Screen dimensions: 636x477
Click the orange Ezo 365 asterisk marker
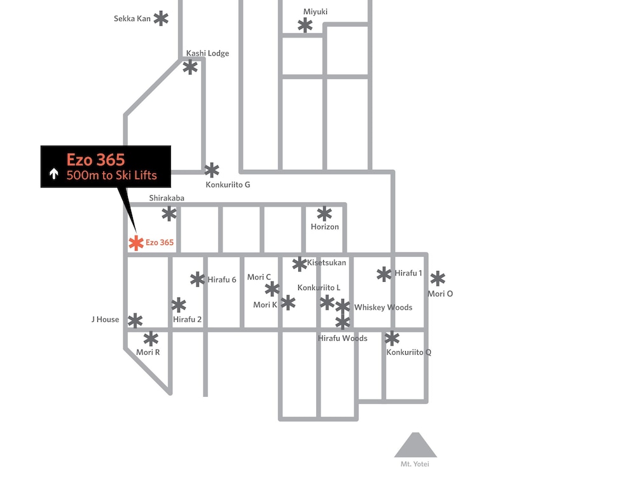pyautogui.click(x=136, y=243)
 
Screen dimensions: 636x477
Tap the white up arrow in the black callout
pyautogui.click(x=53, y=174)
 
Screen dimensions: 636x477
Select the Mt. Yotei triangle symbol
pyautogui.click(x=415, y=445)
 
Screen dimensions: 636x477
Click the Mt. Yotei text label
pyautogui.click(x=415, y=464)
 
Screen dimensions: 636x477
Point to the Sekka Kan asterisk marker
pyautogui.click(x=161, y=18)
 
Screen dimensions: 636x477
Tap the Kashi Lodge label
pyautogui.click(x=207, y=53)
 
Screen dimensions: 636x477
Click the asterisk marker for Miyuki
pyautogui.click(x=305, y=25)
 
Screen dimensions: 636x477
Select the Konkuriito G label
pyautogui.click(x=228, y=184)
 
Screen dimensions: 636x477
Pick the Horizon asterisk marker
pyautogui.click(x=324, y=214)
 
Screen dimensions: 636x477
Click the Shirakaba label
pyautogui.click(x=166, y=198)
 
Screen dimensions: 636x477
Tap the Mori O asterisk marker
pyautogui.click(x=438, y=279)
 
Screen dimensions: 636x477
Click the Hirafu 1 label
pyautogui.click(x=408, y=273)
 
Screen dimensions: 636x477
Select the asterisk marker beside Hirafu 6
pyautogui.click(x=198, y=279)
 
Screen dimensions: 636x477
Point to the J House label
pyautogui.click(x=105, y=319)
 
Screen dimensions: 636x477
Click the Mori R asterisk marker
pyautogui.click(x=151, y=339)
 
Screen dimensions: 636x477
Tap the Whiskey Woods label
pyautogui.click(x=383, y=307)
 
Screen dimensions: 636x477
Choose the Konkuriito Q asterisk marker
pyautogui.click(x=392, y=338)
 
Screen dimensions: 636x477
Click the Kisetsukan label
pyautogui.click(x=326, y=263)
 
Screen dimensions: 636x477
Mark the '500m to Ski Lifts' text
pyautogui.click(x=111, y=176)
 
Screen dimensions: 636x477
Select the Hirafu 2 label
pyautogui.click(x=187, y=319)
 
